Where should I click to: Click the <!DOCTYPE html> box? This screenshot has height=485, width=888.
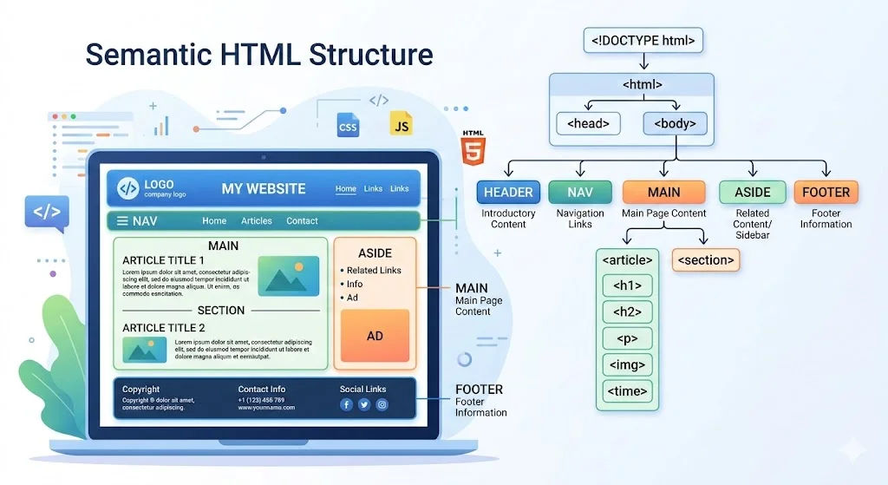(x=643, y=40)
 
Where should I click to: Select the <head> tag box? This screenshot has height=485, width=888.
(x=587, y=124)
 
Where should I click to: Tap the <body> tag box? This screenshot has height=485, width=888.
(x=675, y=124)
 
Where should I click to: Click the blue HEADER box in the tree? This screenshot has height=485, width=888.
(x=508, y=192)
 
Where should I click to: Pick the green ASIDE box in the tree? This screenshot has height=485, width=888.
(x=752, y=192)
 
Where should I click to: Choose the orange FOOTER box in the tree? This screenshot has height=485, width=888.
(x=826, y=192)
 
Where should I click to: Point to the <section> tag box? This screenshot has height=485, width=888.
(x=706, y=259)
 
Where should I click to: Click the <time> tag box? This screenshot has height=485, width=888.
(x=627, y=391)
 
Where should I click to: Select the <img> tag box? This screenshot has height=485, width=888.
(x=627, y=365)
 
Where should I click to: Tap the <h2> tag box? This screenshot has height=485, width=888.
(x=627, y=312)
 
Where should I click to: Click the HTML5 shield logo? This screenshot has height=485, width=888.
(x=473, y=148)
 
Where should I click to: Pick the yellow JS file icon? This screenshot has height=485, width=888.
(x=401, y=124)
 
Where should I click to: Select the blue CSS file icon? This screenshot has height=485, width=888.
(x=348, y=125)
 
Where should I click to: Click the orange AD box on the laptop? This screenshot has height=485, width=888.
(x=375, y=335)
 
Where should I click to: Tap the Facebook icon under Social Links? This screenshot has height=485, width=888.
(x=346, y=404)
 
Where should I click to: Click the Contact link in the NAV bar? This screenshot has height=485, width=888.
(x=302, y=221)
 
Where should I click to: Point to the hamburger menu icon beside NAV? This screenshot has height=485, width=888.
(x=122, y=221)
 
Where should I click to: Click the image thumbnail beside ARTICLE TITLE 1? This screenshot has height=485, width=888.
(x=288, y=276)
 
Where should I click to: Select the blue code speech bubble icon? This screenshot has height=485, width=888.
(x=46, y=212)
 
